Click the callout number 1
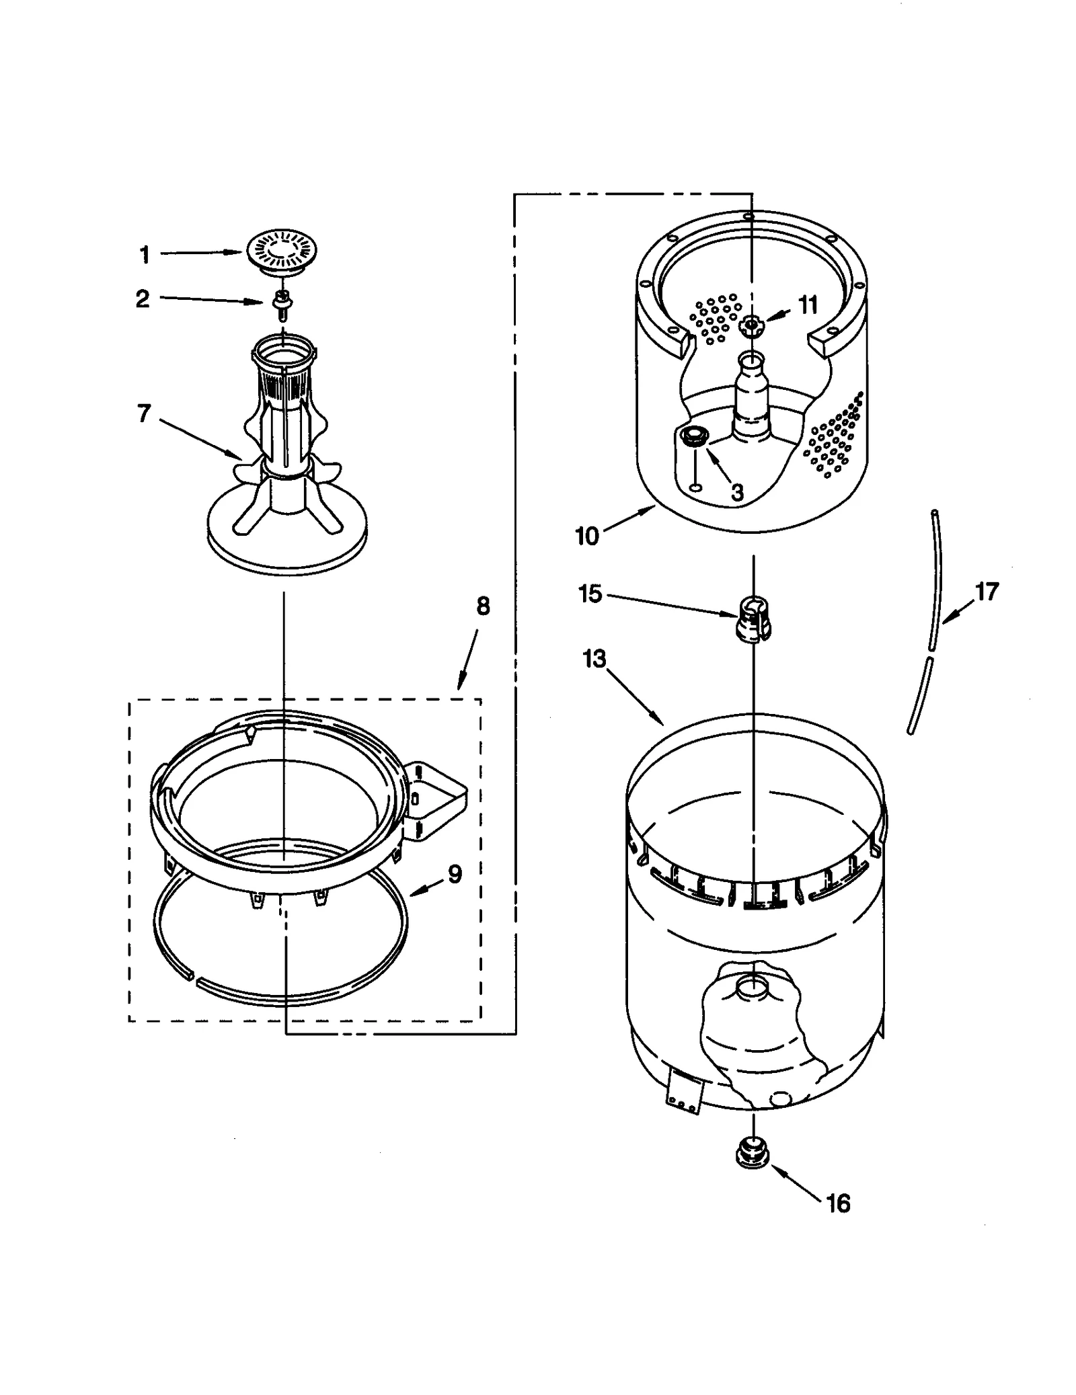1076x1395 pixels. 145,255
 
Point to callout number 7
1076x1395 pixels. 144,413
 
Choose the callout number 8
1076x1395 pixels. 483,606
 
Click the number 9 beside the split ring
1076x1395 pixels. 455,875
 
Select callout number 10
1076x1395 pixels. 586,536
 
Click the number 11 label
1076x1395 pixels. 807,305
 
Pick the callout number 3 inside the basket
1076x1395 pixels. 737,493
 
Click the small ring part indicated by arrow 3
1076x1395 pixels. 692,436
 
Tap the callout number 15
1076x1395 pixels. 590,594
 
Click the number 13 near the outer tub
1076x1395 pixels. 594,659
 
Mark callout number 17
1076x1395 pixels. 987,592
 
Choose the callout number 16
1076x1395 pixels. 838,1203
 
